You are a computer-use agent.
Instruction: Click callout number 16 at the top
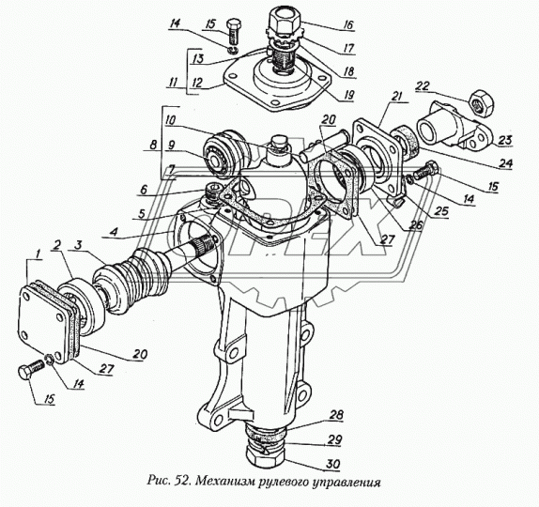click(346, 24)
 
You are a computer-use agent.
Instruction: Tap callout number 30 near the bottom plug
click(332, 464)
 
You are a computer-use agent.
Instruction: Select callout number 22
click(423, 86)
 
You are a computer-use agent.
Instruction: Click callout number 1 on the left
click(38, 254)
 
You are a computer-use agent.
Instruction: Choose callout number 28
click(336, 415)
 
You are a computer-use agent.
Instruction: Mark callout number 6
click(143, 190)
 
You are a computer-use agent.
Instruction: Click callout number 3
click(79, 246)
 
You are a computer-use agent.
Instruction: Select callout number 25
click(441, 210)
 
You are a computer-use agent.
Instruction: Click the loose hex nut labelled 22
click(481, 102)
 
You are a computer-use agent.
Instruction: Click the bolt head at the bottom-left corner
click(25, 372)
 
